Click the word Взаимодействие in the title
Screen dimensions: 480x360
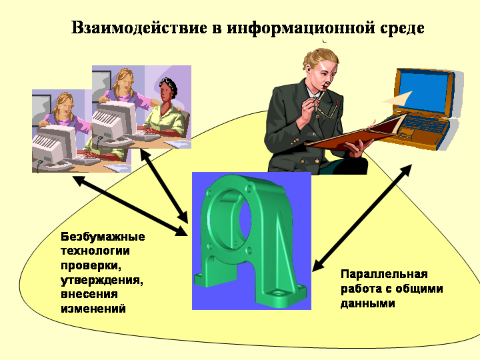click(139, 27)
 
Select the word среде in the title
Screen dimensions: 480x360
click(402, 29)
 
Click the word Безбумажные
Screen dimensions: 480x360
click(103, 237)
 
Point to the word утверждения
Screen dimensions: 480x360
click(101, 281)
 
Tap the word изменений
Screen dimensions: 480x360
click(93, 308)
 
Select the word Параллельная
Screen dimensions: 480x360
click(384, 274)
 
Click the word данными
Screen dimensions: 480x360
click(367, 303)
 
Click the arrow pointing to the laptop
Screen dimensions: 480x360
click(362, 218)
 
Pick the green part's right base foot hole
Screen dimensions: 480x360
click(278, 293)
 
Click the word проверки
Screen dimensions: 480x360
click(91, 266)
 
